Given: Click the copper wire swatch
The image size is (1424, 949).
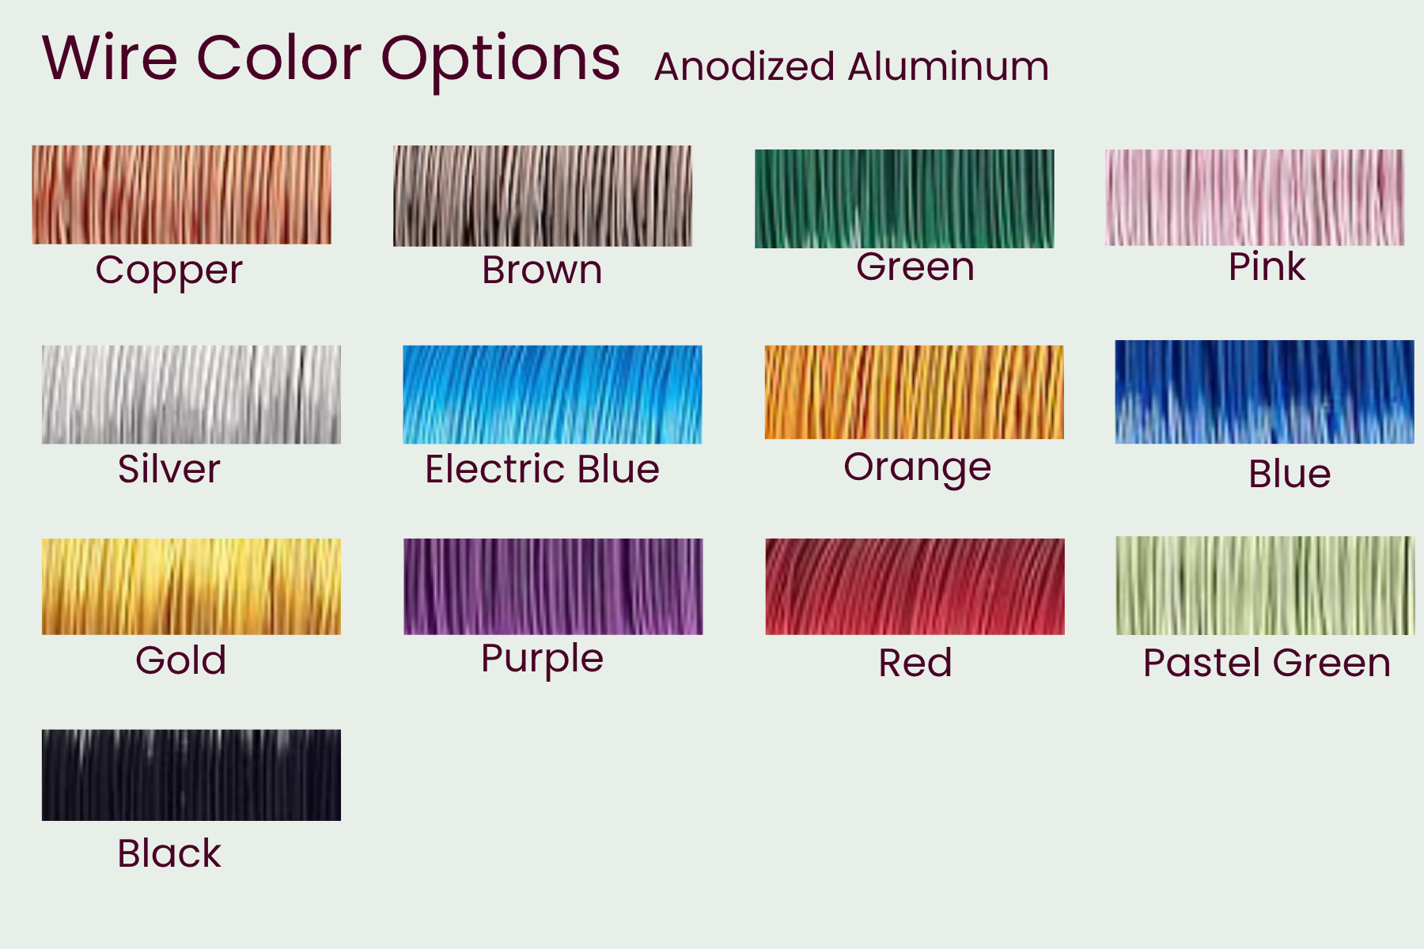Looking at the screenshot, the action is tap(181, 195).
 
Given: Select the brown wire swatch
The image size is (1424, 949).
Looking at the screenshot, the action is tap(543, 195).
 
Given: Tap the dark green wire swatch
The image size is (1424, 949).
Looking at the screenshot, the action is tap(904, 198).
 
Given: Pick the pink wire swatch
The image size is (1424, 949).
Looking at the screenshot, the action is tap(1255, 198).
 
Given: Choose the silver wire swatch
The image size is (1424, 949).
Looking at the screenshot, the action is tap(191, 395).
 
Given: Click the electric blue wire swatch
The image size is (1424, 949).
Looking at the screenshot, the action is tap(552, 395).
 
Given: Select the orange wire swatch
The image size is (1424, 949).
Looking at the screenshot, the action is tap(914, 392).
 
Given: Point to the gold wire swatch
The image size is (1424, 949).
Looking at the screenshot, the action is tap(191, 587).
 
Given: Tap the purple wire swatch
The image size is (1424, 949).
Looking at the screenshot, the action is tap(553, 587).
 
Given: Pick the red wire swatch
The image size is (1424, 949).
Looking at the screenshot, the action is tap(915, 587).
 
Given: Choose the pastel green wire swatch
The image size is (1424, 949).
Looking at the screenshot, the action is tap(1265, 585).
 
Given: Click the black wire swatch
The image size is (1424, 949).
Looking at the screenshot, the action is tap(191, 775).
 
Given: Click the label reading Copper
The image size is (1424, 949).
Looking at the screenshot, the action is tap(169, 271).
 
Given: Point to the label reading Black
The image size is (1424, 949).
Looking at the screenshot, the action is tap(169, 853).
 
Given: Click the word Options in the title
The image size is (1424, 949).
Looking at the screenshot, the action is tap(501, 60).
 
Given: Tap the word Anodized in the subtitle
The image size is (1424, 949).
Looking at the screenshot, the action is tap(744, 66).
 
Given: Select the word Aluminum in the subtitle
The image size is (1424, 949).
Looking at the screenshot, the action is tap(949, 66).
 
